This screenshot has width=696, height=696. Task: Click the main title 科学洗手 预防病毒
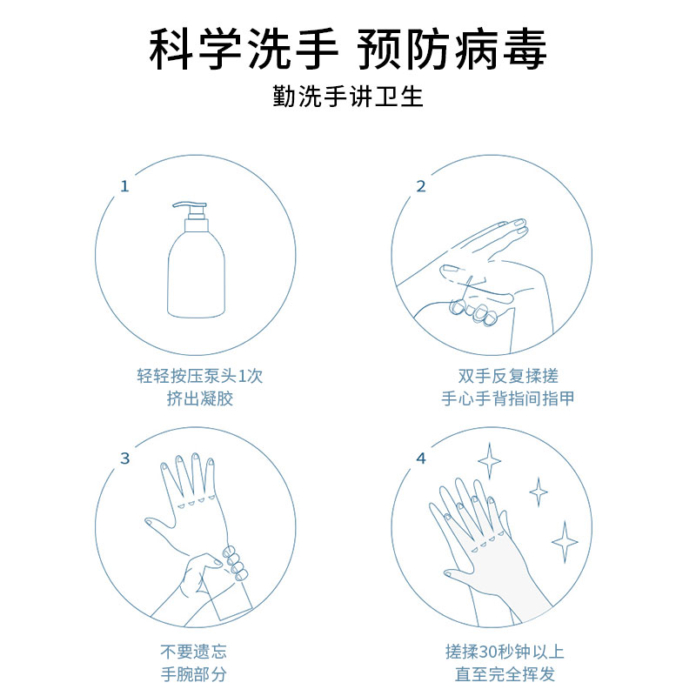pyautogui.click(x=347, y=49)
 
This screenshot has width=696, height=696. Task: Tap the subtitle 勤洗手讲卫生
pyautogui.click(x=347, y=97)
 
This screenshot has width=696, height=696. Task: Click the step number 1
pyautogui.click(x=124, y=186)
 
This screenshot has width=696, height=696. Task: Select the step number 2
pyautogui.click(x=421, y=186)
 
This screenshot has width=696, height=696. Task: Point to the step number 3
pyautogui.click(x=124, y=458)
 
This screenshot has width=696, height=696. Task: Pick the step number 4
pyautogui.click(x=421, y=458)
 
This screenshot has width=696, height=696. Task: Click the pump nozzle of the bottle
pyautogui.click(x=190, y=206)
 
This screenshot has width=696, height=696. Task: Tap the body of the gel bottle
pyautogui.click(x=197, y=274)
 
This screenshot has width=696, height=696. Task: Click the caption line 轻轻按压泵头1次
pyautogui.click(x=200, y=376)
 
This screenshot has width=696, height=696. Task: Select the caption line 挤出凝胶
pyautogui.click(x=200, y=398)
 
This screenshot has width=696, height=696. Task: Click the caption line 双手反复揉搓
pyautogui.click(x=508, y=376)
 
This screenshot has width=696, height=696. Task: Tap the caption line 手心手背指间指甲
pyautogui.click(x=508, y=398)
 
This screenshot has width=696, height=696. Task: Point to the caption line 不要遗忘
pyautogui.click(x=193, y=652)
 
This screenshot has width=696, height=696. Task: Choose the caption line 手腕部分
pyautogui.click(x=193, y=674)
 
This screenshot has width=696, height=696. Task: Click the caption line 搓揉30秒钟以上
pyautogui.click(x=505, y=652)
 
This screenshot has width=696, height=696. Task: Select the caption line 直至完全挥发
pyautogui.click(x=505, y=674)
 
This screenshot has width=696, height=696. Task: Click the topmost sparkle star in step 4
pyautogui.click(x=489, y=461)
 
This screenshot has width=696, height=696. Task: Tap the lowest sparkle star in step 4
pyautogui.click(x=565, y=542)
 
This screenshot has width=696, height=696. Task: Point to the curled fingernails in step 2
pyautogui.click(x=473, y=311)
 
